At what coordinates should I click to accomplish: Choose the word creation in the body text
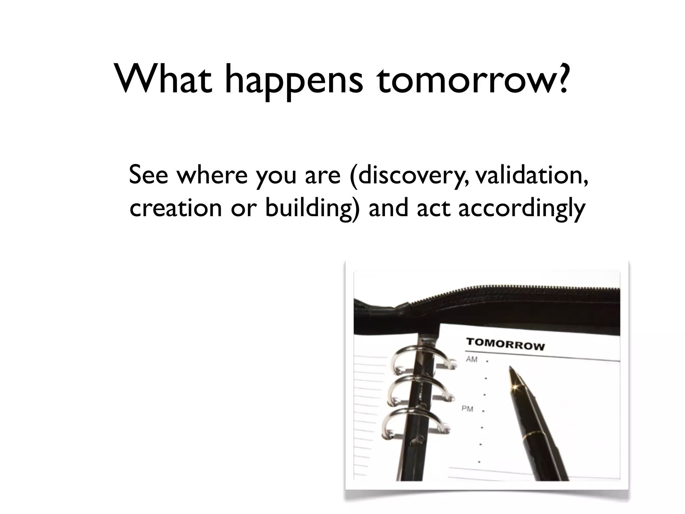point(176,207)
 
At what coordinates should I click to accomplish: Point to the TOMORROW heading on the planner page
point(505,344)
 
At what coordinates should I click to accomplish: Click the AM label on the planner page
point(472,359)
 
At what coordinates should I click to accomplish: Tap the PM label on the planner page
point(467,409)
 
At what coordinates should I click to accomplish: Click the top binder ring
point(418,358)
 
